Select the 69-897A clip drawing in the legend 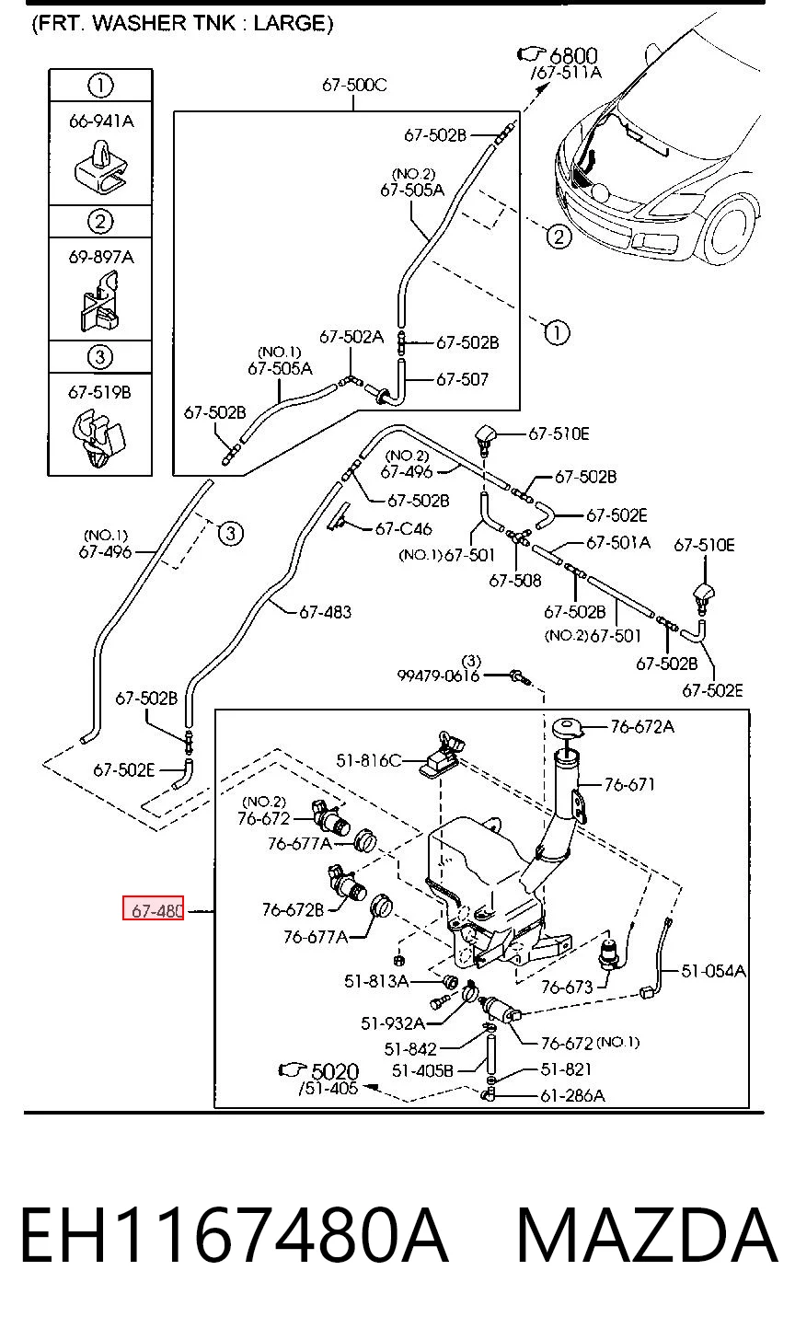100,301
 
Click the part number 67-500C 354,85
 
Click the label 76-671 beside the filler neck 629,784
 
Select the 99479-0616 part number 438,676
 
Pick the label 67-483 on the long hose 325,612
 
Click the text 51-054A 713,971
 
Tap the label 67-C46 403,529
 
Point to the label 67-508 515,580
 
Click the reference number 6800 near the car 573,55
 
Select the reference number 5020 335,1071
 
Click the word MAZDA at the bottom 647,1236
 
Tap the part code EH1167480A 235,1236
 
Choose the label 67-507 462,379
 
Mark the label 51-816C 368,760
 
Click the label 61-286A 572,1095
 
